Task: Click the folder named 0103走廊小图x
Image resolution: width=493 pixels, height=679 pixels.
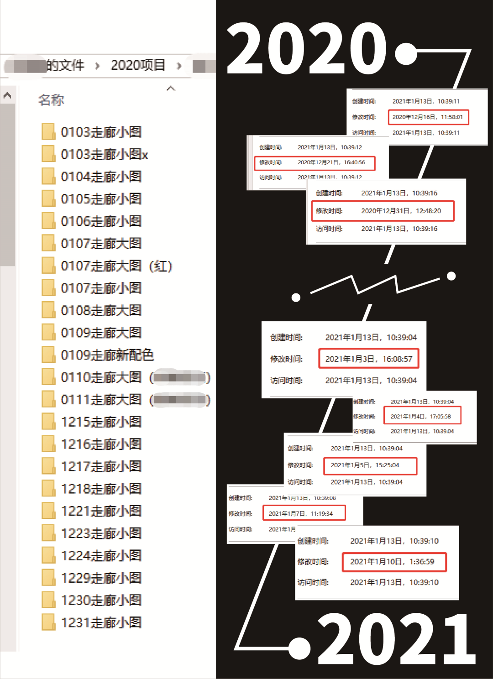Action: click(x=104, y=154)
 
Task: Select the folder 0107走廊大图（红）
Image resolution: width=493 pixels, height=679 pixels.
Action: click(x=116, y=266)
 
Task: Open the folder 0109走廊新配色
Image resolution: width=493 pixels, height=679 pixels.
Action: click(x=107, y=355)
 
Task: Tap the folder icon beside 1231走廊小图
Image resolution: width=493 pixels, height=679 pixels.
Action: click(x=48, y=622)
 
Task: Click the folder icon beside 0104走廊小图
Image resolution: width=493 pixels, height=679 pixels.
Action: click(x=48, y=177)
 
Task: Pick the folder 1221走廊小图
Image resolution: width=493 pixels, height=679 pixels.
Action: click(x=101, y=511)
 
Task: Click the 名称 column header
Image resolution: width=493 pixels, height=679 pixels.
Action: click(x=51, y=100)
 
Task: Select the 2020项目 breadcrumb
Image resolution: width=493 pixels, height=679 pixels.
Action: click(x=138, y=65)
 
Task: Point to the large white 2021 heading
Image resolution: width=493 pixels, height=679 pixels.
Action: click(x=396, y=639)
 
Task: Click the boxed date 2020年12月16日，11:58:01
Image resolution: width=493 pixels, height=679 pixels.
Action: click(x=428, y=117)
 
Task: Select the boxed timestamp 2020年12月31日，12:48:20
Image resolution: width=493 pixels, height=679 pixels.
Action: click(x=401, y=211)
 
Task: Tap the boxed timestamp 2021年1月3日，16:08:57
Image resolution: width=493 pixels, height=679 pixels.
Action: click(x=368, y=359)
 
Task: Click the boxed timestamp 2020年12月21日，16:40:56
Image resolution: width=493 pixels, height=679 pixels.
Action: click(x=331, y=162)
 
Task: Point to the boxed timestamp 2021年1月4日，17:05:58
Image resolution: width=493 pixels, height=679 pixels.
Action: click(x=421, y=416)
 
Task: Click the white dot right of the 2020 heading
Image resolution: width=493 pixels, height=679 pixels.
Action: click(x=406, y=54)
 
